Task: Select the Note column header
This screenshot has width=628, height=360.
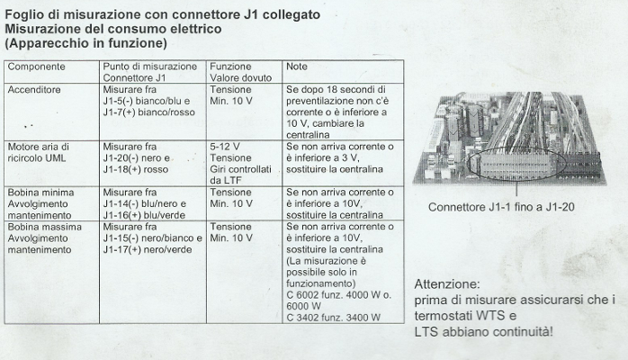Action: pos(296,67)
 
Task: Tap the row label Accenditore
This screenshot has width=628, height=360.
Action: pos(34,91)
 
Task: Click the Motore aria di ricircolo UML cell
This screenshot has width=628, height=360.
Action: pos(38,151)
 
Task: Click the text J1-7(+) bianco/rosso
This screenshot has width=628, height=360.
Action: pos(148,113)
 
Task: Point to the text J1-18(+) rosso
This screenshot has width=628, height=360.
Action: pos(135,168)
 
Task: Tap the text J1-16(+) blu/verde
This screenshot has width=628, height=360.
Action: pos(144,215)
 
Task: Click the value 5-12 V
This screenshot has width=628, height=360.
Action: pos(224,145)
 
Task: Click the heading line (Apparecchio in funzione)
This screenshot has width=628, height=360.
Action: pos(85,42)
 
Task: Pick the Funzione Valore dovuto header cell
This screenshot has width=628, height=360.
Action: pos(232,73)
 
